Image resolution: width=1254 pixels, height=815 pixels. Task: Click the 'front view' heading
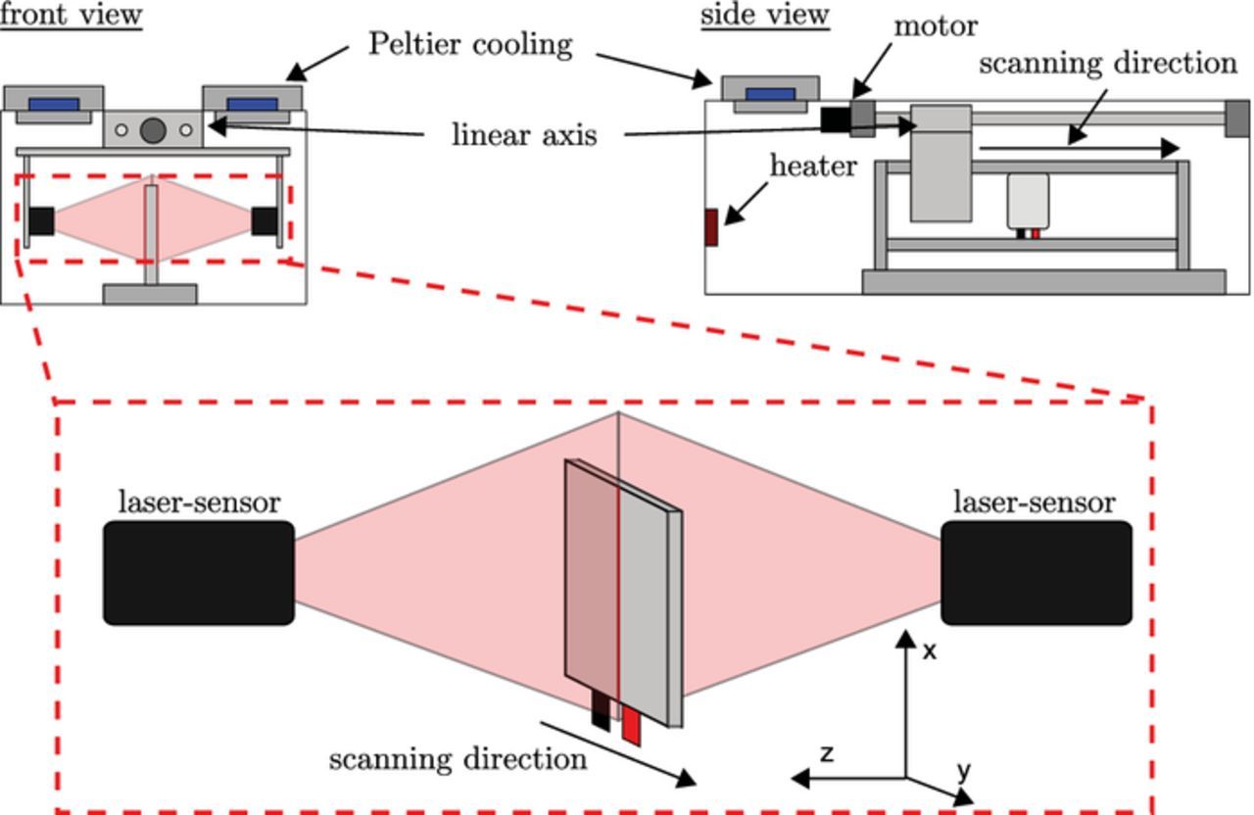[71, 15]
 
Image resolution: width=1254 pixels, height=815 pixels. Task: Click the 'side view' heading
[764, 15]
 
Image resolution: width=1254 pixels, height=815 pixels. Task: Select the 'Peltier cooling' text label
[470, 44]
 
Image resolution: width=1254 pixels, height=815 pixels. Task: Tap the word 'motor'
[936, 25]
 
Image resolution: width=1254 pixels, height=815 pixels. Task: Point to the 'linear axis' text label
[524, 134]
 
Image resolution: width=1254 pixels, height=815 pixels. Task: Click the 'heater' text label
[812, 166]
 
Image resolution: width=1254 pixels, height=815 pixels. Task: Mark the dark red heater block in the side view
[711, 226]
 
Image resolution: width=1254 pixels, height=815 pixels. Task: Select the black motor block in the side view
[835, 119]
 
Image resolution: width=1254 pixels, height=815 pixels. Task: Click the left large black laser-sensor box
[199, 573]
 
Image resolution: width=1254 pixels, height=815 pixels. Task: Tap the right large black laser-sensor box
[1037, 573]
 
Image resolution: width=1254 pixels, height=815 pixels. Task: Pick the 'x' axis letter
[930, 649]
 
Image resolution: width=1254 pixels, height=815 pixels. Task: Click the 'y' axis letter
[963, 772]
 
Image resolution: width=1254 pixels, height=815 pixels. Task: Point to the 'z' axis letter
[827, 753]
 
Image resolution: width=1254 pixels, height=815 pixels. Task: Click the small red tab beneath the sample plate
[631, 726]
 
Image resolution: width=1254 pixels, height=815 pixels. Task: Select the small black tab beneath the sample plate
[600, 710]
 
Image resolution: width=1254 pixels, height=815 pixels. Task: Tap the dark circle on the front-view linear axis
[153, 129]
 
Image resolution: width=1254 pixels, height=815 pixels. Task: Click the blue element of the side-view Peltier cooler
[771, 94]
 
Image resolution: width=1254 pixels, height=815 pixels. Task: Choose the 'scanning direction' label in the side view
[1107, 64]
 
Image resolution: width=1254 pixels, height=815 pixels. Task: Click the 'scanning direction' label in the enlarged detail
[458, 759]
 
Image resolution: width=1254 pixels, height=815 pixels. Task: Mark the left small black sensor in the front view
[41, 221]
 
